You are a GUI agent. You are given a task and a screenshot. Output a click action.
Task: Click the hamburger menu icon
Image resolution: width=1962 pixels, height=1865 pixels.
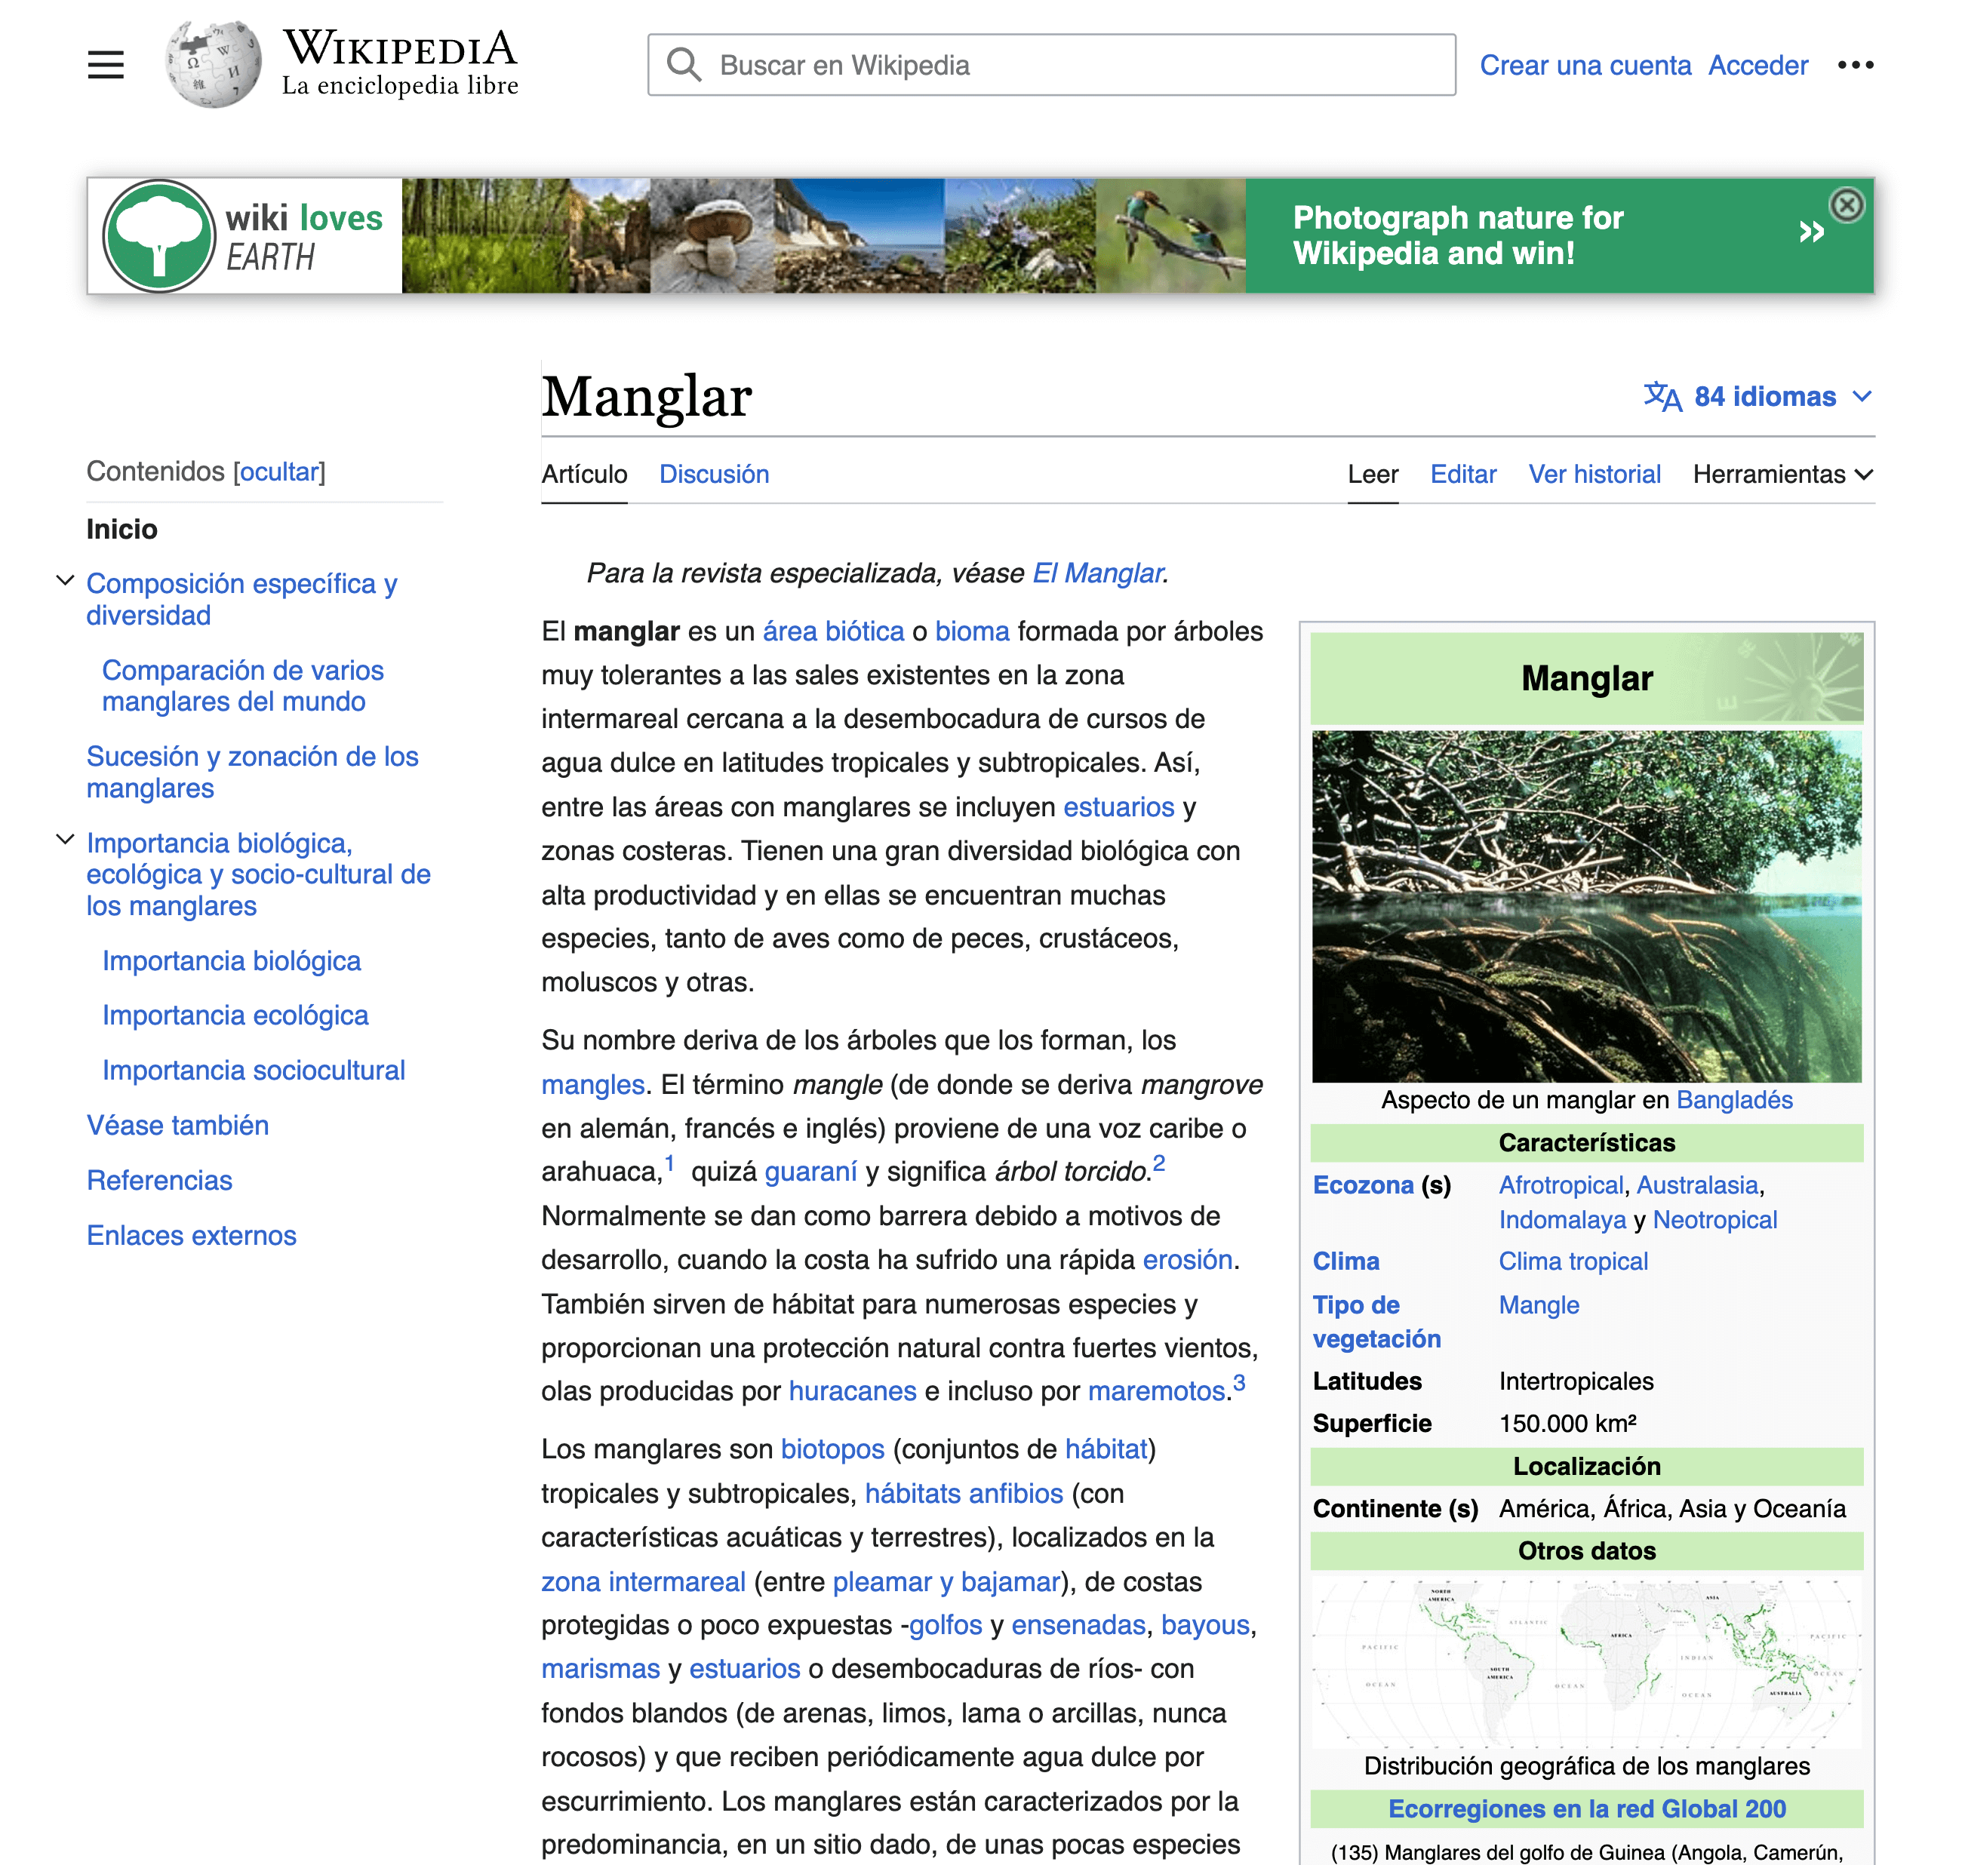(x=106, y=66)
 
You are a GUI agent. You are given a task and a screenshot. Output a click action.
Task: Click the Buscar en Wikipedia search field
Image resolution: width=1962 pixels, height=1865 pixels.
(x=1052, y=66)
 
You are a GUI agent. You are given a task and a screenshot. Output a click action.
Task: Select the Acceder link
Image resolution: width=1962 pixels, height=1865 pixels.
(x=1757, y=66)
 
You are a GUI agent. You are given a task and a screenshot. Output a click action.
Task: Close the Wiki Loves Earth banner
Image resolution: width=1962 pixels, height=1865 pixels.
(x=1847, y=206)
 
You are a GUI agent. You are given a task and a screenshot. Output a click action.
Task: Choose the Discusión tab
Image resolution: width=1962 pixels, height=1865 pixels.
(x=714, y=475)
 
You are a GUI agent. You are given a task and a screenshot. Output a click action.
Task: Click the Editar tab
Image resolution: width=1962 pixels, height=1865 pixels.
(x=1462, y=475)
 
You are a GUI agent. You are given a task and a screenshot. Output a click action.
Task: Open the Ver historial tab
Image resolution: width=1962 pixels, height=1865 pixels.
(x=1594, y=475)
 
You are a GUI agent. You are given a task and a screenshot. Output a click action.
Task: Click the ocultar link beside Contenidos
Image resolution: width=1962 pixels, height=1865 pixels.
(x=279, y=472)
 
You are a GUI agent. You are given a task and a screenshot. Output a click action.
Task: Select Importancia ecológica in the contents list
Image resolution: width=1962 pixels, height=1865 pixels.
(x=235, y=1015)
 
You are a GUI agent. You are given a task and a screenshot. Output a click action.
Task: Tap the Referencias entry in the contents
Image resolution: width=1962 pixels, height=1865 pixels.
(x=159, y=1180)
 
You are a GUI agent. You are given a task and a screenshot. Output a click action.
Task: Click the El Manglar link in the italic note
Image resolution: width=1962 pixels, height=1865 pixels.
(x=1097, y=573)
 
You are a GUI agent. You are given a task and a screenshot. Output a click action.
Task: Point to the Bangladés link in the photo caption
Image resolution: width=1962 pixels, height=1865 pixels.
(x=1733, y=1099)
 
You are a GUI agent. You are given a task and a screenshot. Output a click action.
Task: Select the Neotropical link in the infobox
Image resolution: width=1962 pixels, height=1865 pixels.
(x=1714, y=1220)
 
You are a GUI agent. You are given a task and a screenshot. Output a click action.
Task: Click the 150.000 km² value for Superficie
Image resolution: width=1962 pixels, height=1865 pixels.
(x=1567, y=1424)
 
